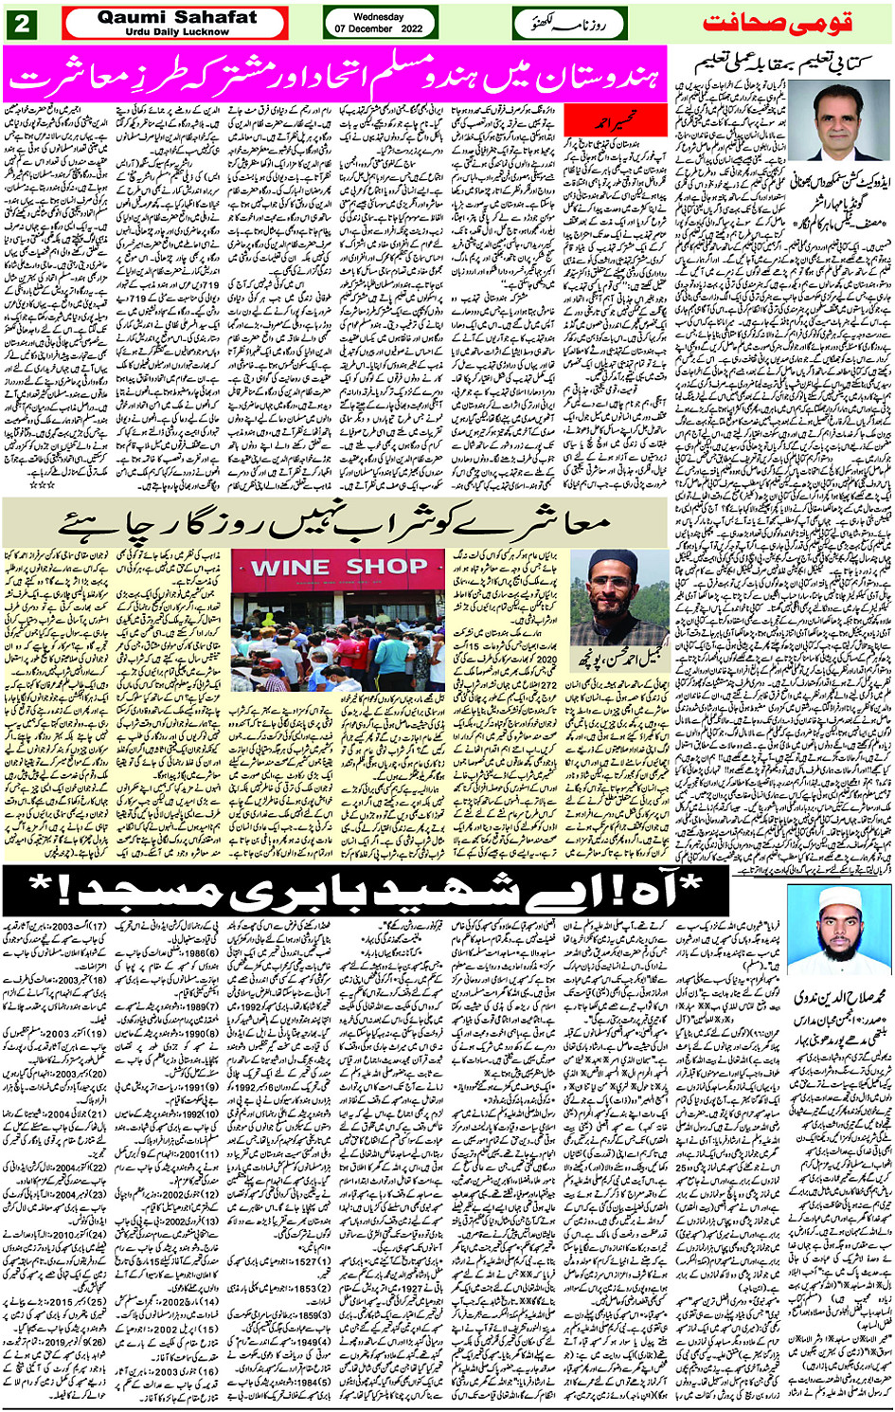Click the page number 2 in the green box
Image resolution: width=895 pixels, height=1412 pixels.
point(20,23)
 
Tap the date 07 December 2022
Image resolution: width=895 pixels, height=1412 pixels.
point(379,29)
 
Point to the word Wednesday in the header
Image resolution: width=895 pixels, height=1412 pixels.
point(379,16)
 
